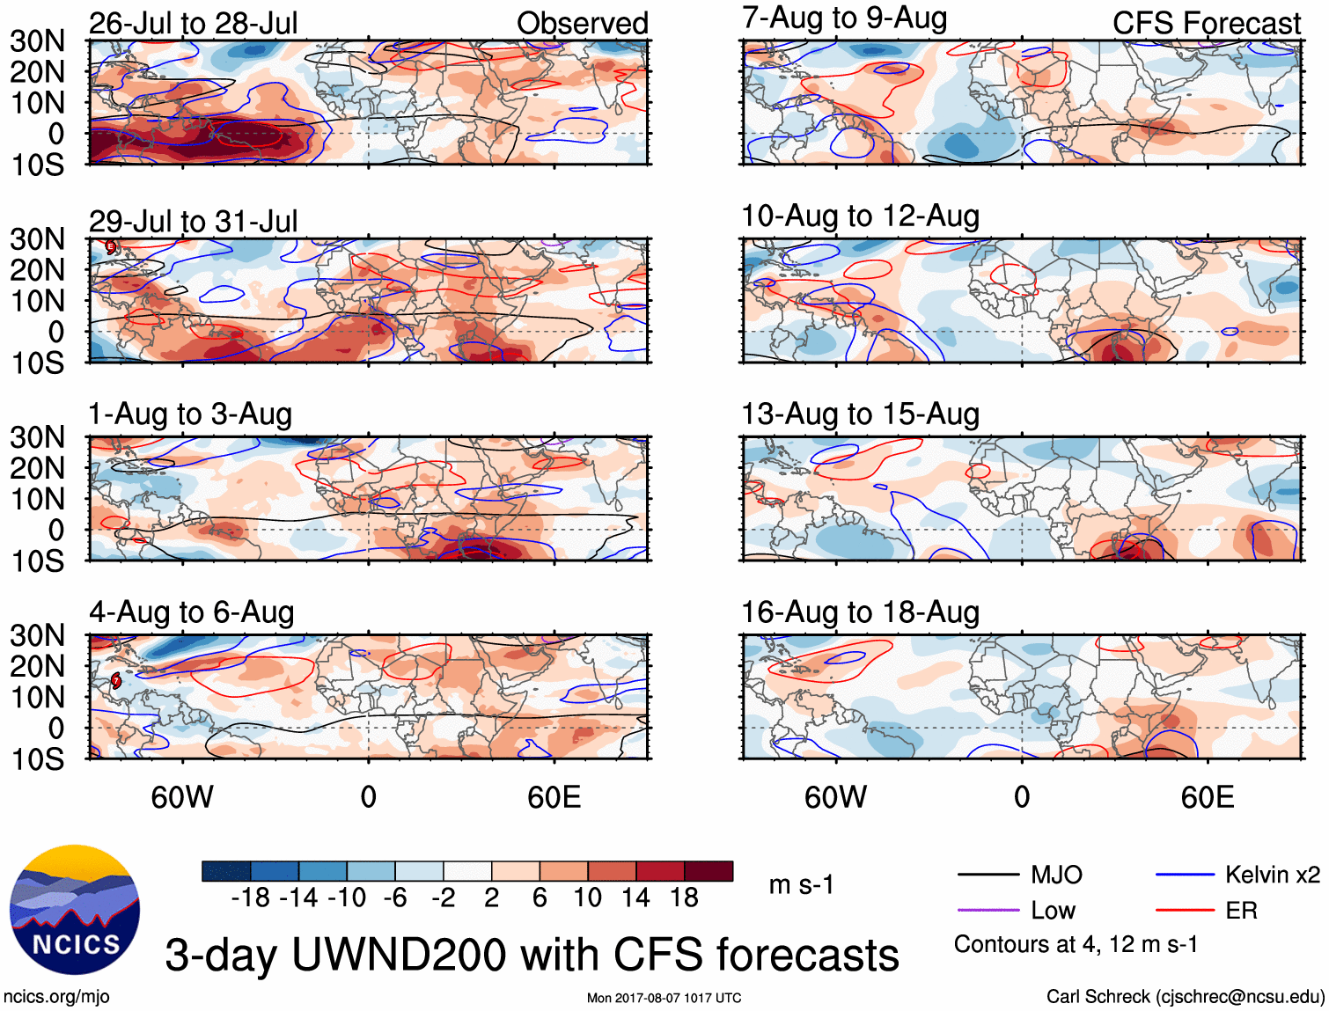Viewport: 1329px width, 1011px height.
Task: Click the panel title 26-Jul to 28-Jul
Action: pos(193,23)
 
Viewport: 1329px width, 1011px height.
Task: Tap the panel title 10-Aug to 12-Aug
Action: pos(860,216)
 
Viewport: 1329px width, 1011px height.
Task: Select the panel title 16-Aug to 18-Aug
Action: pos(860,612)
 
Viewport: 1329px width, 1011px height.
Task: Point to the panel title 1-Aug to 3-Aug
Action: pos(190,414)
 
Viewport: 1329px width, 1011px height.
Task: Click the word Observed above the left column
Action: pos(582,23)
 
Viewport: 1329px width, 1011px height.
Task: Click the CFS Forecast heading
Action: pos(1206,23)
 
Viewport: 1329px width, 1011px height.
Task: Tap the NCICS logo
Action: pos(75,910)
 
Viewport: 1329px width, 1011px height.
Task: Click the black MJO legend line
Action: pos(988,875)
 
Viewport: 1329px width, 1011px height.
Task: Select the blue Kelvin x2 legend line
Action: pos(1185,875)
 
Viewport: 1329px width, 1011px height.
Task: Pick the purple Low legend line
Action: pos(988,910)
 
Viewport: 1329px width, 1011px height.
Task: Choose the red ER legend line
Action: pos(1185,910)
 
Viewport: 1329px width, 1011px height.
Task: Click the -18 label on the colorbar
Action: pos(250,897)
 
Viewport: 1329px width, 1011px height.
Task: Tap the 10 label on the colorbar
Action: pos(587,897)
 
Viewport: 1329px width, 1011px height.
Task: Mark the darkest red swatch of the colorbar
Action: pos(709,871)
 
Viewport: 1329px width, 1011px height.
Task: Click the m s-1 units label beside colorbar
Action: pos(801,884)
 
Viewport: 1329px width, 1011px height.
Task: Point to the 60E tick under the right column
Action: pos(1207,797)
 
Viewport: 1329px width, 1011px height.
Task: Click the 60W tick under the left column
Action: pos(182,797)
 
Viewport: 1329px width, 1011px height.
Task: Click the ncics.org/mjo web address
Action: pos(56,996)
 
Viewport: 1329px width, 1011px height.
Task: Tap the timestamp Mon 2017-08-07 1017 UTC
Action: pos(664,998)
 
